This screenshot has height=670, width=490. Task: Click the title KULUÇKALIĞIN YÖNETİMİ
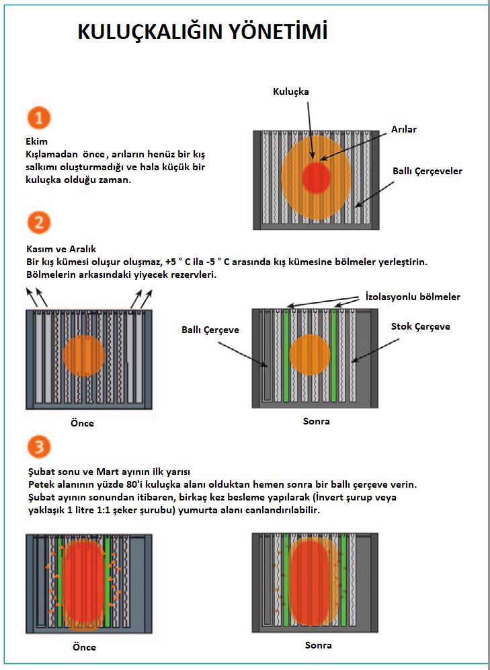(x=203, y=32)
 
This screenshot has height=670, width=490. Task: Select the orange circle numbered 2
(x=40, y=223)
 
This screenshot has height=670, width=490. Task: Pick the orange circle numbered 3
(x=40, y=449)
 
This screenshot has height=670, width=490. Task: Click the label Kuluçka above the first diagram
(x=292, y=91)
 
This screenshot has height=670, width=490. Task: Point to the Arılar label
(x=404, y=129)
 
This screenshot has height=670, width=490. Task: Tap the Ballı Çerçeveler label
(x=427, y=172)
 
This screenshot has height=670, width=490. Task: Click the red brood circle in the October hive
(x=316, y=178)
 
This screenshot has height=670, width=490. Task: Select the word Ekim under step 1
(x=34, y=141)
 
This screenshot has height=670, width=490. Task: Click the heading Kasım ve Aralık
(x=58, y=249)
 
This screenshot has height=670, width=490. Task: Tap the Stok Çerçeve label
(x=421, y=327)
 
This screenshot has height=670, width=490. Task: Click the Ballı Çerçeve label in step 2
(x=210, y=330)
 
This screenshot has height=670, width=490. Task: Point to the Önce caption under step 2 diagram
(x=82, y=423)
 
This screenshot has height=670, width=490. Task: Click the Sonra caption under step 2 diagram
(x=317, y=422)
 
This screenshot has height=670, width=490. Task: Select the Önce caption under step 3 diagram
(x=83, y=647)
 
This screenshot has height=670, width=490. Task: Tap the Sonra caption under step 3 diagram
(x=319, y=645)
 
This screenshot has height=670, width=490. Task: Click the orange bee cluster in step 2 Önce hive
(x=83, y=357)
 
